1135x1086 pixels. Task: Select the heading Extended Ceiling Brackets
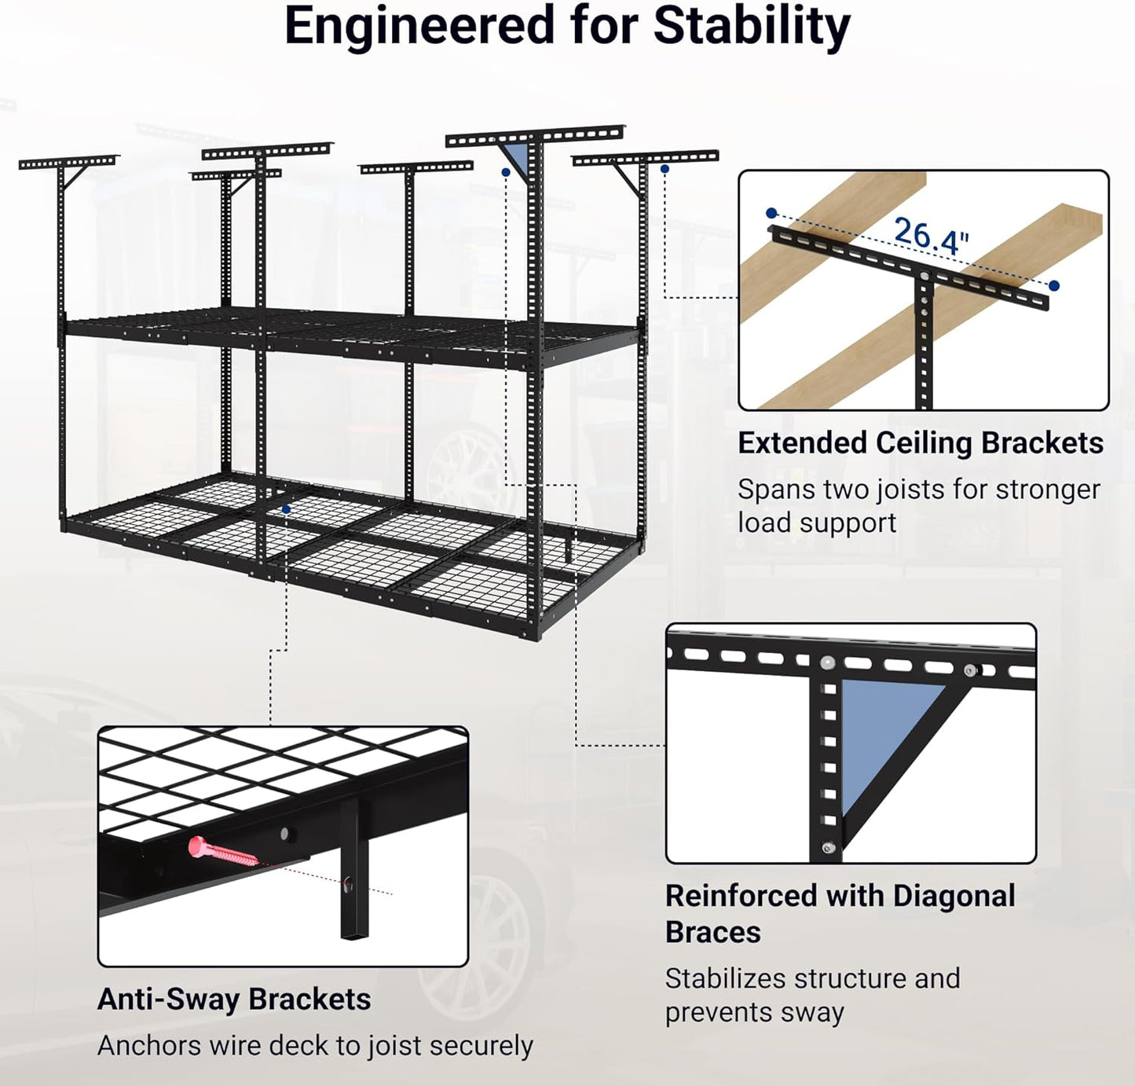(920, 443)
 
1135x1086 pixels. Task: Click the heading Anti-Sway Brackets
(234, 1000)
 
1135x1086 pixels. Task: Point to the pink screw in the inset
(222, 852)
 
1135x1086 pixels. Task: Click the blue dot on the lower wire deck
(286, 510)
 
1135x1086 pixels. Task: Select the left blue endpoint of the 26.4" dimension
(771, 213)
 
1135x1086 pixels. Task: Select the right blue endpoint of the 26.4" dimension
(1053, 286)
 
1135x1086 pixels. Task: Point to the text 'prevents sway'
(754, 1012)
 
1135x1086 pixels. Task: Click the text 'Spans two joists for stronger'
(918, 490)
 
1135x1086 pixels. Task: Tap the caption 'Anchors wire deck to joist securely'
(315, 1046)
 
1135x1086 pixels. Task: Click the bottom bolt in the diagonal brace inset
(826, 847)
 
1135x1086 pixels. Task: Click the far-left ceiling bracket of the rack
(67, 163)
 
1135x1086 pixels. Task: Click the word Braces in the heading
(712, 932)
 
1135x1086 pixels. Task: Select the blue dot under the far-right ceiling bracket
(665, 169)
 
